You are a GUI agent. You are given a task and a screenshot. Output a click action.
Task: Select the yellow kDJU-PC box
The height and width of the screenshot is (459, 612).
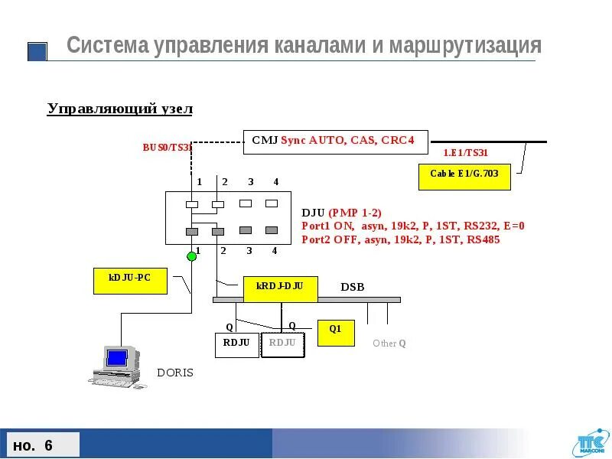(130, 281)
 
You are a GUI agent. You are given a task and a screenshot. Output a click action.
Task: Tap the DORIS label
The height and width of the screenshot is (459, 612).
(175, 373)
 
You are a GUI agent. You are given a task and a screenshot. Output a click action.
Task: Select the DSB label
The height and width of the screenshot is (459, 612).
(352, 287)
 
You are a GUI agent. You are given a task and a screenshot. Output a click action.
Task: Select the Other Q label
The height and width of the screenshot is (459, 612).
(389, 343)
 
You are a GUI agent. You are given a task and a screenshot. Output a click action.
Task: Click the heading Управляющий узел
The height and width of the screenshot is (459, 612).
(120, 109)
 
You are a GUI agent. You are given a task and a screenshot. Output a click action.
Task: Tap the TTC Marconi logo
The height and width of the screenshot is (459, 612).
(588, 443)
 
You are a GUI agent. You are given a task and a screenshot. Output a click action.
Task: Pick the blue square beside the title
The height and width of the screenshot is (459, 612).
(37, 51)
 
